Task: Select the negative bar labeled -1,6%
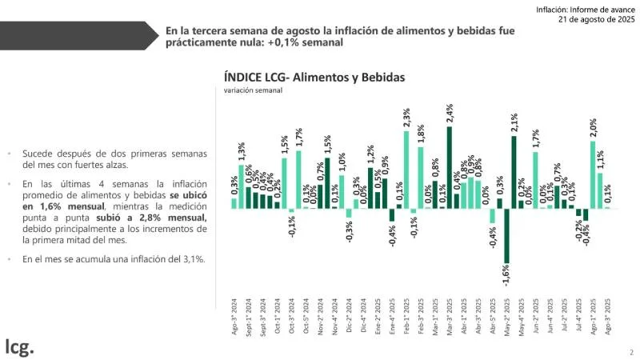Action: [x=507, y=235]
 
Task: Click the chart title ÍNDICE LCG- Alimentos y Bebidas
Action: [x=315, y=78]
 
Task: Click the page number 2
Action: [x=630, y=351]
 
